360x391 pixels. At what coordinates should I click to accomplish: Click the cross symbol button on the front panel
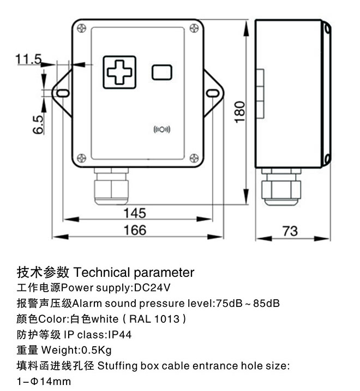(x=119, y=72)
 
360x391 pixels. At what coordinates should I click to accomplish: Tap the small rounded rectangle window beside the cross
(x=162, y=72)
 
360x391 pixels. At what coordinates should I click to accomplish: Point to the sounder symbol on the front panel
(x=162, y=129)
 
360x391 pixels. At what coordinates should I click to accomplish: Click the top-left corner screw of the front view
(x=81, y=28)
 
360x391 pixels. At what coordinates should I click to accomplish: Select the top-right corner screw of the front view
(x=194, y=28)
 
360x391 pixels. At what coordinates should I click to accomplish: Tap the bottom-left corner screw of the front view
(x=81, y=158)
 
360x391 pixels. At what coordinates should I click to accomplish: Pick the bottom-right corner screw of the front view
(x=194, y=158)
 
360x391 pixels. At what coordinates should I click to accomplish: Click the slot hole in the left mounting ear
(x=62, y=93)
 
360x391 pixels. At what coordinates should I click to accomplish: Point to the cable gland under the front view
(x=111, y=186)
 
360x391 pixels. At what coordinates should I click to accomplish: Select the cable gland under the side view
(x=281, y=187)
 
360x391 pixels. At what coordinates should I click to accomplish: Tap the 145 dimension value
(x=134, y=212)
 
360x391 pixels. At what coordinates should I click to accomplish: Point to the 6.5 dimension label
(x=38, y=125)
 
